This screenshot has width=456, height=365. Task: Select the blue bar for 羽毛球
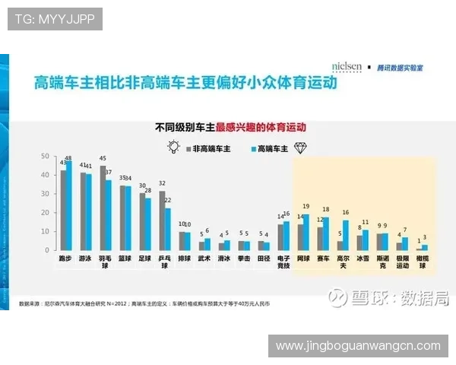click(109, 215)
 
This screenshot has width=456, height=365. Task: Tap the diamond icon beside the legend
click(302, 148)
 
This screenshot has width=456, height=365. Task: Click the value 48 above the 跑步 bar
click(69, 158)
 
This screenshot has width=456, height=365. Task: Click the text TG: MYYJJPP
click(54, 19)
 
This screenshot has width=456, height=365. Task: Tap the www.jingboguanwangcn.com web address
click(358, 346)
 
